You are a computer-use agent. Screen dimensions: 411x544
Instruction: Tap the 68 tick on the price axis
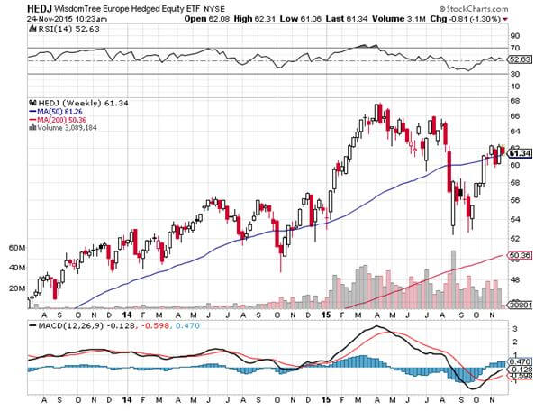click(516, 115)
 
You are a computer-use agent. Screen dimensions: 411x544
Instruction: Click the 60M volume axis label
click(14, 247)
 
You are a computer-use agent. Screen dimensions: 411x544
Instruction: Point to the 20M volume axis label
click(14, 288)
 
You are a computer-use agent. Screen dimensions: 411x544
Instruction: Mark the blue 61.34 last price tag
click(521, 154)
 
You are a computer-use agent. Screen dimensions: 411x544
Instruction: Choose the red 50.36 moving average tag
click(521, 255)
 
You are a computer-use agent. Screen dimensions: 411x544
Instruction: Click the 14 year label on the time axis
click(127, 397)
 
